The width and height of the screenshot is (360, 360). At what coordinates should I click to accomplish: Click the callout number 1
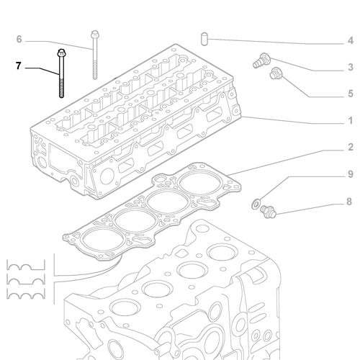pyautogui.click(x=350, y=120)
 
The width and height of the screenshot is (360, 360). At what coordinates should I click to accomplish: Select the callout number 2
pyautogui.click(x=350, y=148)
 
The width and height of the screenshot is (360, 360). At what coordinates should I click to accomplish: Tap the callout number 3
pyautogui.click(x=350, y=67)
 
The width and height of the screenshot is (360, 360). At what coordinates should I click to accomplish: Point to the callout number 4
pyautogui.click(x=350, y=40)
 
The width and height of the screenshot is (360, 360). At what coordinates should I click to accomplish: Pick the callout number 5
pyautogui.click(x=350, y=94)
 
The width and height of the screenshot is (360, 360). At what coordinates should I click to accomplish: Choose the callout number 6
pyautogui.click(x=19, y=39)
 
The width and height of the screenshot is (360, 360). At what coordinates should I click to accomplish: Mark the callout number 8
pyautogui.click(x=350, y=202)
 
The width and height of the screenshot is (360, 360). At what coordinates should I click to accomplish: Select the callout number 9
pyautogui.click(x=350, y=175)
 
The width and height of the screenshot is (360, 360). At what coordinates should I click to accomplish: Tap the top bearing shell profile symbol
pyautogui.click(x=24, y=262)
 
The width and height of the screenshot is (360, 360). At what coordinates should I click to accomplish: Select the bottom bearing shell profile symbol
pyautogui.click(x=24, y=295)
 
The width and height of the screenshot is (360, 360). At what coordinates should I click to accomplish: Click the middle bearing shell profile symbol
pyautogui.click(x=24, y=279)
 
